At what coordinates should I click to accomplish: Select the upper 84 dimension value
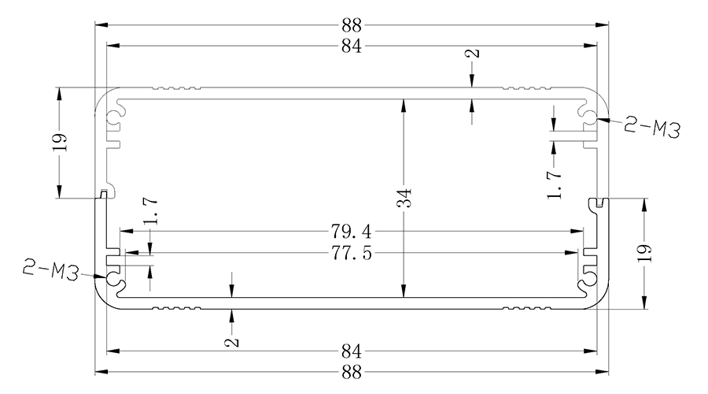pos(352,46)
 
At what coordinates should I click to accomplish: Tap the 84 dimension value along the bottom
pos(352,349)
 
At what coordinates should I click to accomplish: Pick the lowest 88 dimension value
pos(352,370)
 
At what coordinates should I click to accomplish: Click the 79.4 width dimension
pos(352,232)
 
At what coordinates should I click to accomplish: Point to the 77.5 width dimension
pos(352,254)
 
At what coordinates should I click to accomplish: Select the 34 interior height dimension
pos(403,199)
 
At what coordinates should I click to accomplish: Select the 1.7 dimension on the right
pos(555,183)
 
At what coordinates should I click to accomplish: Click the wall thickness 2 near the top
pos(472,56)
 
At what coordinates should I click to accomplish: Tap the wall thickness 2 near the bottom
pos(232,341)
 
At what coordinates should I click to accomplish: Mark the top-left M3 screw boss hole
pos(116,115)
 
